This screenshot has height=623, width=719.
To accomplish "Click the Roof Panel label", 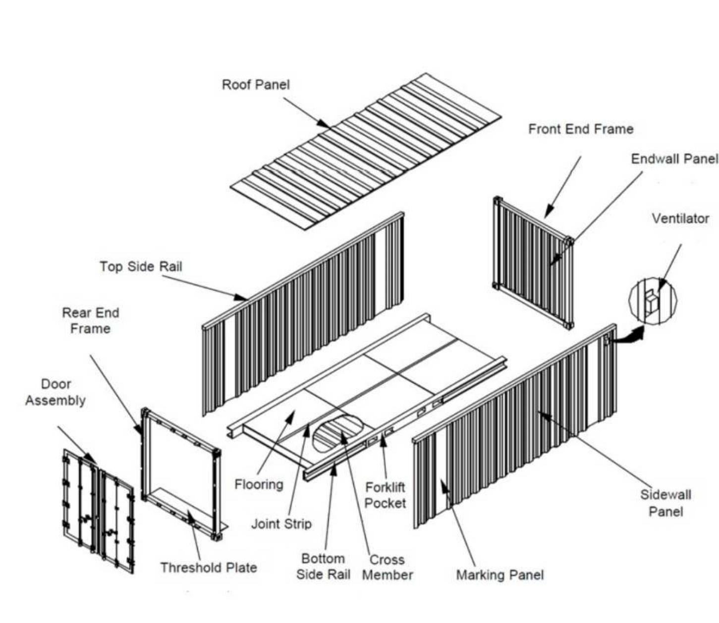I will [x=255, y=85].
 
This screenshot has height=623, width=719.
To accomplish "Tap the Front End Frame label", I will [x=581, y=129].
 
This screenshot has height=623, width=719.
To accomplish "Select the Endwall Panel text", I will [x=674, y=159].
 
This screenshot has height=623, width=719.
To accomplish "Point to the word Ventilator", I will [x=680, y=218].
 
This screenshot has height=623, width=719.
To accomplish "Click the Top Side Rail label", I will [x=141, y=266].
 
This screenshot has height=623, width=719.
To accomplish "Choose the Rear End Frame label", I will [x=90, y=320].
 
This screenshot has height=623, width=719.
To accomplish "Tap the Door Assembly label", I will [x=55, y=392].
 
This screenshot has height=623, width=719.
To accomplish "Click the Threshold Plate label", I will [x=208, y=568].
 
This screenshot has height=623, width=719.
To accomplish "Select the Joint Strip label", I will [x=281, y=523].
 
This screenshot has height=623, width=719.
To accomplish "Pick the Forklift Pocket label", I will [x=385, y=495].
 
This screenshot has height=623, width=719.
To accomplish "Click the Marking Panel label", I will [x=499, y=575].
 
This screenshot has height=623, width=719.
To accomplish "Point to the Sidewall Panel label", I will [x=665, y=503].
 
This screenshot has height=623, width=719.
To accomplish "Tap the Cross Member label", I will [x=387, y=567].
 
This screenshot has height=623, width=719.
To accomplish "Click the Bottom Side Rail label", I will [x=323, y=567].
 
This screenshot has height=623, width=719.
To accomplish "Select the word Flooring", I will [x=259, y=484].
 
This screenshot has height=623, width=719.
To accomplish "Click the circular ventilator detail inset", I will [x=652, y=301].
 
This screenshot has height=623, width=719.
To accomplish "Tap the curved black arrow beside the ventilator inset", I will [x=628, y=336].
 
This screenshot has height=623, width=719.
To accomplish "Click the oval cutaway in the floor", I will [x=337, y=432].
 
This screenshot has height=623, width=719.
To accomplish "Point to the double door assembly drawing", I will [x=98, y=510].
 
